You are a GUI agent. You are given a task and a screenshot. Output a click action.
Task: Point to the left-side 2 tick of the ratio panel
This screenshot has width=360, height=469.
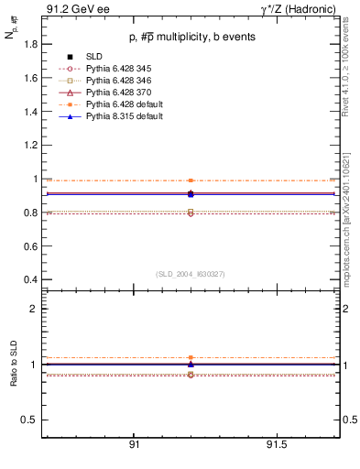pos(33,309)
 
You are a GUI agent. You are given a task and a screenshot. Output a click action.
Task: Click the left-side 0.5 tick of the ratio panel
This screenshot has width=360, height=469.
pos(28,420)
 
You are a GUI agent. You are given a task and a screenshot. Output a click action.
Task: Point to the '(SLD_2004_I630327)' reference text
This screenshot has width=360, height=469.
pos(191,274)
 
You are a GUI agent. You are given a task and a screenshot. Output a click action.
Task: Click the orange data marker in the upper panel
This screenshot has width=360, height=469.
pos(191,180)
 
